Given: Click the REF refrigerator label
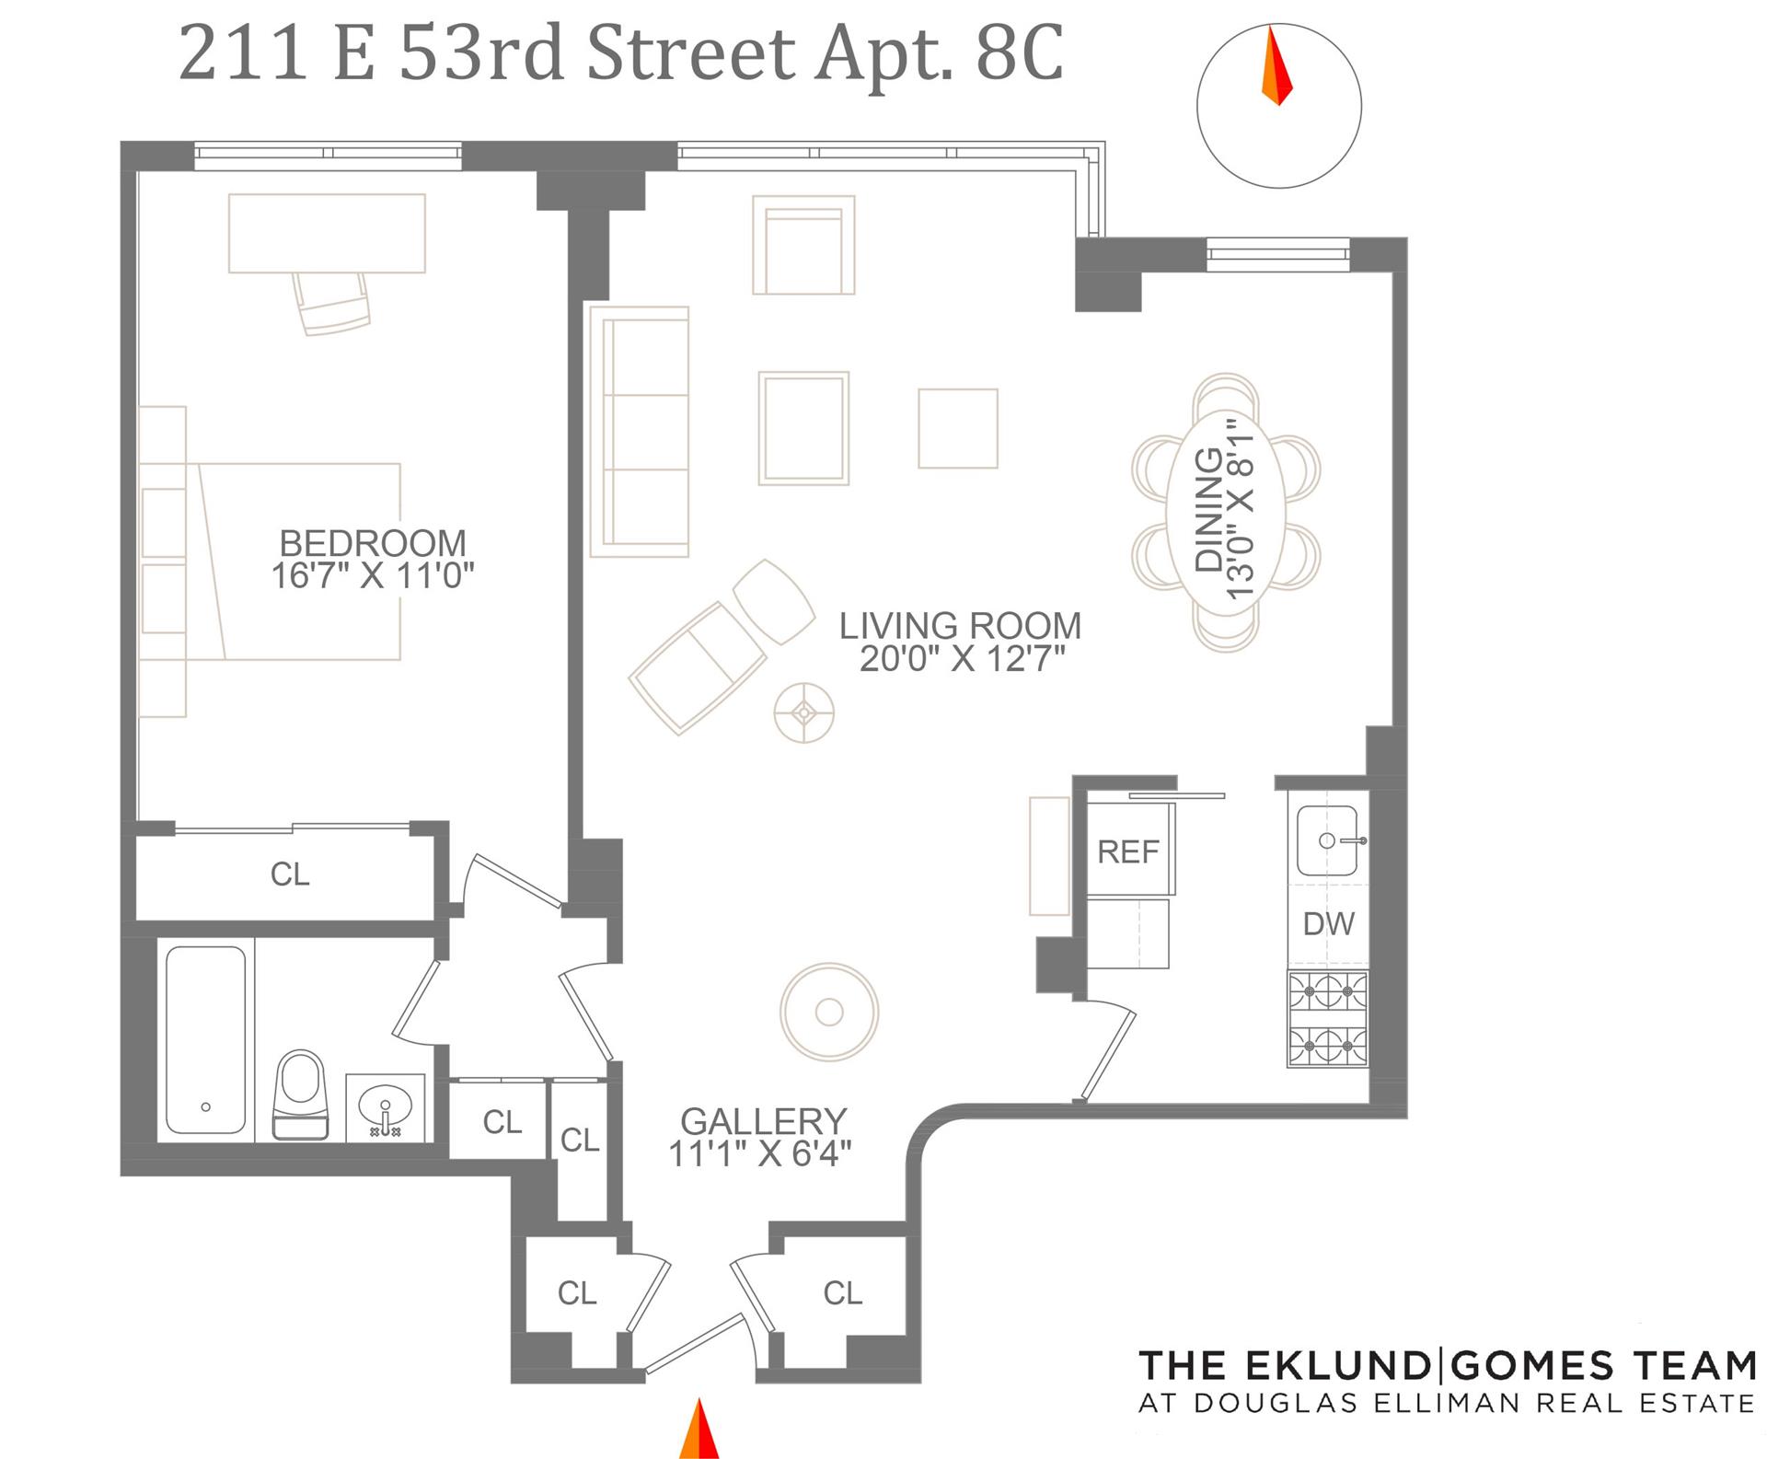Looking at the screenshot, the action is pos(1128,852).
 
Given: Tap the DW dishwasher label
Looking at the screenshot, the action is pos(1329,923).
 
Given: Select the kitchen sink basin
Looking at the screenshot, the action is pos(1327,840).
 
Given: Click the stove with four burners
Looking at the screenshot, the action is pos(1328,1019).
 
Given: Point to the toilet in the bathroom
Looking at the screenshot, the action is pos(301,1094).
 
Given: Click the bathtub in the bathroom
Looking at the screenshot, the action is pos(206,1040).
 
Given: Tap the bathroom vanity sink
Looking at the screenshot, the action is pos(386,1107).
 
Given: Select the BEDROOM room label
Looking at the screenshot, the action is pos(373,542).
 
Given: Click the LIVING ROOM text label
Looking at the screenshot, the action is pos(960,626).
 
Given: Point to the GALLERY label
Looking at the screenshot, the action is pos(764,1121).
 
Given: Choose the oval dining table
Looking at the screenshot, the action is pos(1225,512).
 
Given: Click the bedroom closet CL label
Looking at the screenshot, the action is pos(290,874).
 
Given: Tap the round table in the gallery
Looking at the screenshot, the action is pos(829,1012).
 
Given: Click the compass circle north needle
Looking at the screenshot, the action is pos(1276,65).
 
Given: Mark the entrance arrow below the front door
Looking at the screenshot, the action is pos(699,1429).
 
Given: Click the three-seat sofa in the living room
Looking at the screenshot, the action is pos(639,432).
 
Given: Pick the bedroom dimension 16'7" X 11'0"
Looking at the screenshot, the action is pos(373,576).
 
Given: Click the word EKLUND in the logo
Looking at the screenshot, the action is pos(1344,1366).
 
